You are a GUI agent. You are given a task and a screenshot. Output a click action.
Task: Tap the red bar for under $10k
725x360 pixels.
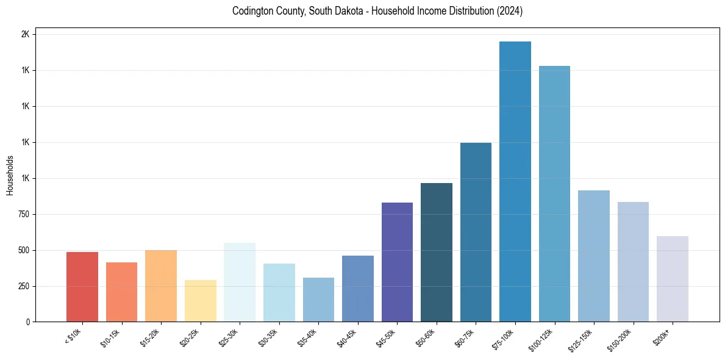(x=82, y=287)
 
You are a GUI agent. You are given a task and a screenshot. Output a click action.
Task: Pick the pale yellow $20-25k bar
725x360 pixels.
(x=200, y=301)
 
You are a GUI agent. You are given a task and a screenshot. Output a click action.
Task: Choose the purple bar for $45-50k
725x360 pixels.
(x=397, y=262)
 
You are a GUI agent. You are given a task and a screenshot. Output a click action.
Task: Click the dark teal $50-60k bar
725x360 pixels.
(x=437, y=253)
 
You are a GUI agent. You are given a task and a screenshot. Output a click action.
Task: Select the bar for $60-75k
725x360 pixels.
(x=476, y=232)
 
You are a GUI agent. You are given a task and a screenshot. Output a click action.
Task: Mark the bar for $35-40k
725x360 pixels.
(x=318, y=300)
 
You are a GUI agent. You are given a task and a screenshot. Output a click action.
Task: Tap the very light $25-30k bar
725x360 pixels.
(x=240, y=283)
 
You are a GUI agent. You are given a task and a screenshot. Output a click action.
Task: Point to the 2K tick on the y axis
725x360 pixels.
(x=25, y=35)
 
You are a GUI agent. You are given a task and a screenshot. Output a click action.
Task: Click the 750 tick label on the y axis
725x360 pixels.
(x=23, y=214)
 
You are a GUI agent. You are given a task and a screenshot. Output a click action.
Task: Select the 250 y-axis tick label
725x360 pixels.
(x=23, y=286)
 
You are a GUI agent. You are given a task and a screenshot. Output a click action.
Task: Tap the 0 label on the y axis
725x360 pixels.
(x=28, y=322)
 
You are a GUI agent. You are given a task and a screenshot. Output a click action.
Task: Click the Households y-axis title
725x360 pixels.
(x=10, y=175)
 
